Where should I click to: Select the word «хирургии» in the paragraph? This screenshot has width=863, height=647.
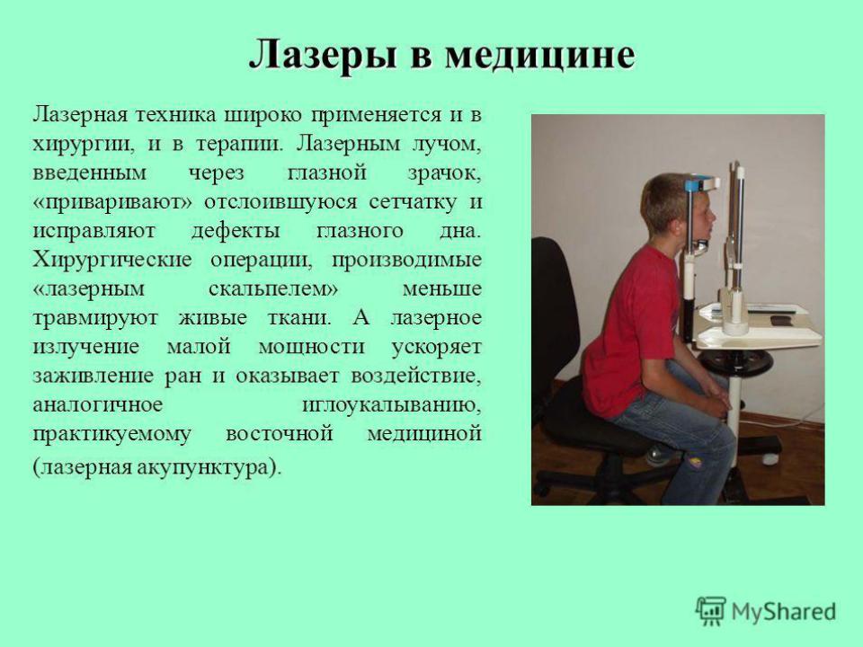(83, 145)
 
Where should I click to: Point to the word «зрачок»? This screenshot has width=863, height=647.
(444, 173)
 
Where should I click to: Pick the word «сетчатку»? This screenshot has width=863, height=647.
(413, 202)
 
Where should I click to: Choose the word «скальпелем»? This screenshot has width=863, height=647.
(273, 289)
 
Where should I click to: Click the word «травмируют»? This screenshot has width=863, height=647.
(95, 318)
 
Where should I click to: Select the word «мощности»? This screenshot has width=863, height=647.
(312, 347)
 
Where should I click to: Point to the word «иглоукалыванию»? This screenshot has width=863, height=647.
(392, 405)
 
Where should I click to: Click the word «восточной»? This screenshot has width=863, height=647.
(279, 433)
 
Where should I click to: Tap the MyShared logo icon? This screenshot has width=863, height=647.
(711, 611)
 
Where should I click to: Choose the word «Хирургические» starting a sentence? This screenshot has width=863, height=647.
(112, 261)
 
